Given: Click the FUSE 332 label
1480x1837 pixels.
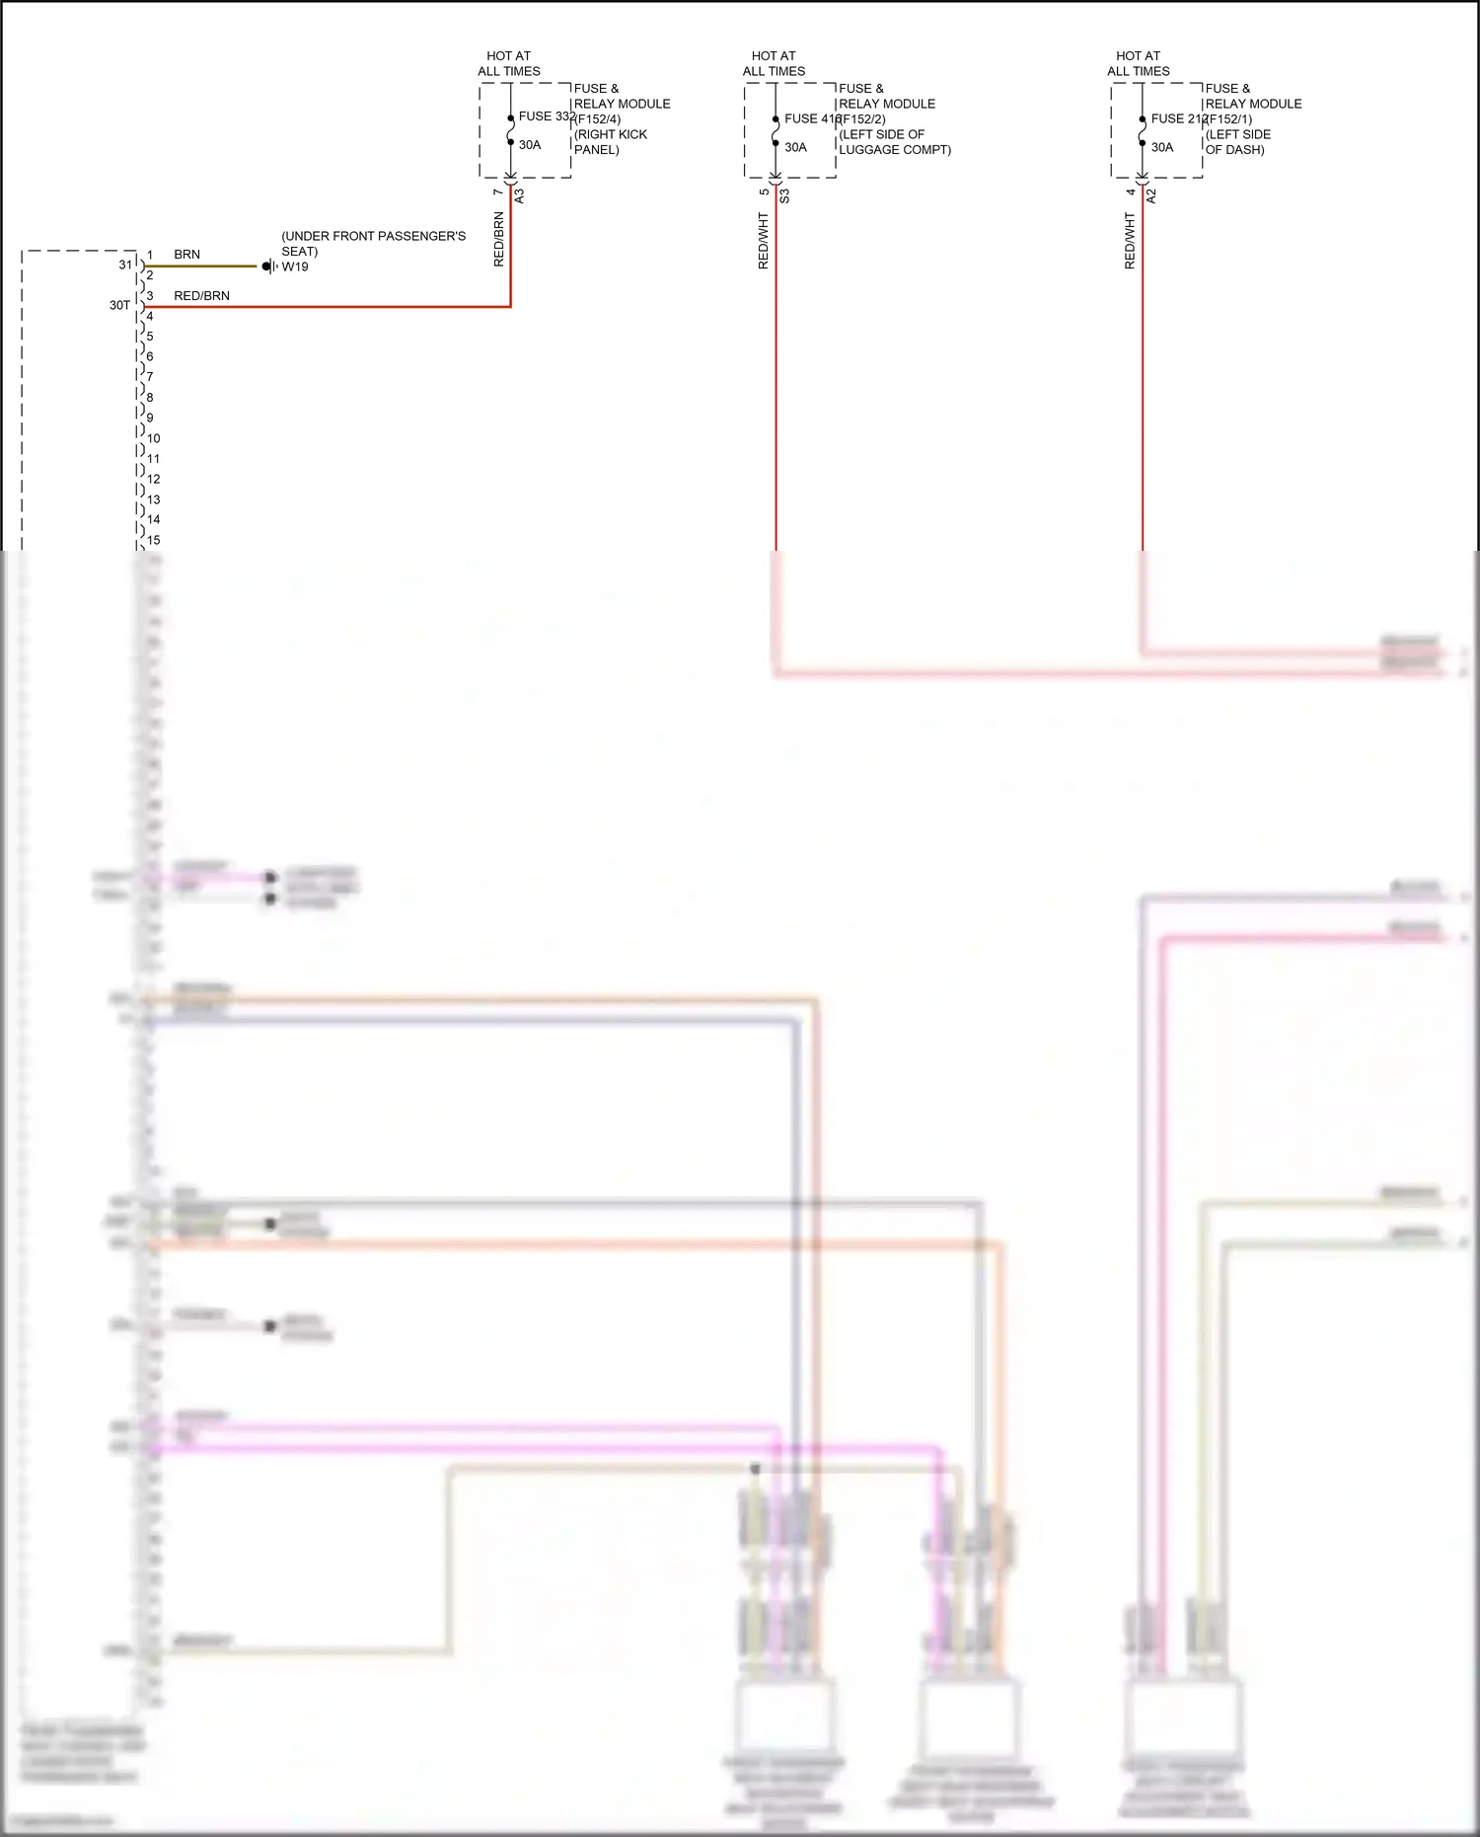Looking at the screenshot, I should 547,116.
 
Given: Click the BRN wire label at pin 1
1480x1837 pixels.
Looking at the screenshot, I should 186,255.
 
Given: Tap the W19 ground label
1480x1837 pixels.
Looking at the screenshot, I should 295,267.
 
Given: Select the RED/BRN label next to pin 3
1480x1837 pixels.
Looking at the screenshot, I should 201,296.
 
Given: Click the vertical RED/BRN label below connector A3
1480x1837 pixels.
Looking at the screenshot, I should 499,239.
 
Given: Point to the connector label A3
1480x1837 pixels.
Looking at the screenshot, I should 520,195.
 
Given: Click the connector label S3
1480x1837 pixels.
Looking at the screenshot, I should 784,195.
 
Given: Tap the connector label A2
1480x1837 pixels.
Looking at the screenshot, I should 1150,195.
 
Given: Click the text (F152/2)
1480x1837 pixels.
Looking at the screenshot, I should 861,119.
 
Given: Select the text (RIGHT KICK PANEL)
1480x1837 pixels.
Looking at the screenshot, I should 610,142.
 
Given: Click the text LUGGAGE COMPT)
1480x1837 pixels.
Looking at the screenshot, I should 895,150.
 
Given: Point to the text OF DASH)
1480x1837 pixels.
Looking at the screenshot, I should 1234,150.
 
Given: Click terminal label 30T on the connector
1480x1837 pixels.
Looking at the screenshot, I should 119,306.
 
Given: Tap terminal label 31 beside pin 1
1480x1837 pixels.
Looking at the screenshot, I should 125,265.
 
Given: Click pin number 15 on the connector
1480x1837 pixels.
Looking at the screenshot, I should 154,540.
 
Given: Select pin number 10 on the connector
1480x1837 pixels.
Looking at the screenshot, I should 154,438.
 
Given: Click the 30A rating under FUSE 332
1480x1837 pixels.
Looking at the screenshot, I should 530,145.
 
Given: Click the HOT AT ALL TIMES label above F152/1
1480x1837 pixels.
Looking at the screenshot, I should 1138,64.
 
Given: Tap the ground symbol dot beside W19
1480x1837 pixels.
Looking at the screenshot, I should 266,267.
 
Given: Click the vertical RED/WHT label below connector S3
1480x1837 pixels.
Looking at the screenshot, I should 764,241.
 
